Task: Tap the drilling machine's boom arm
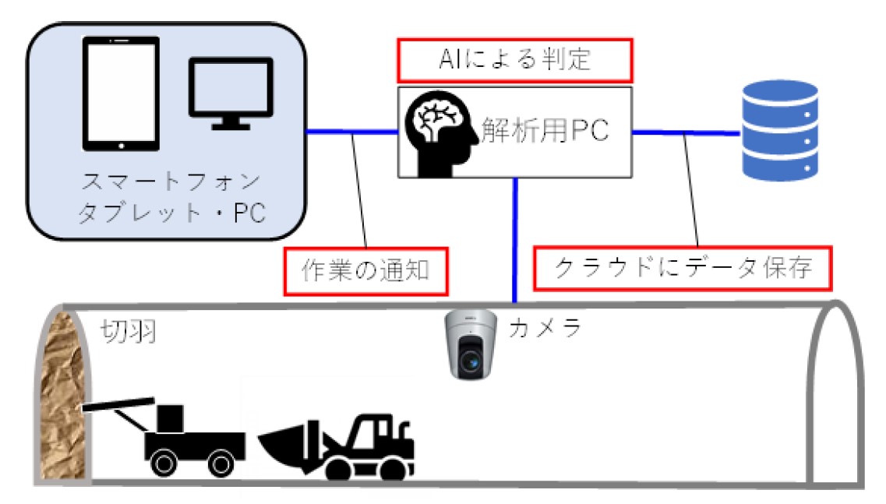[119, 405]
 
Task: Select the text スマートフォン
[170, 185]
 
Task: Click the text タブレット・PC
[170, 212]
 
